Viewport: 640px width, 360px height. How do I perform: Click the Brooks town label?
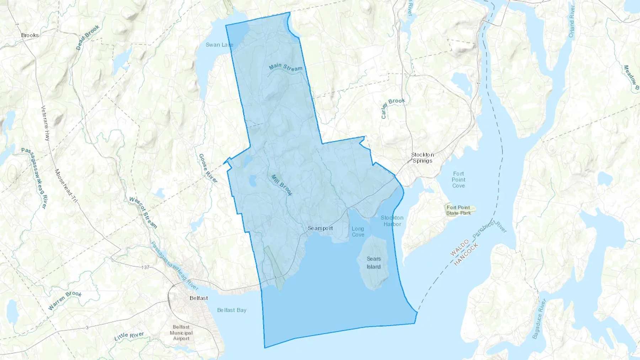pyautogui.click(x=30, y=35)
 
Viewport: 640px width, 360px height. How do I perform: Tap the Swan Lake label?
pyautogui.click(x=219, y=45)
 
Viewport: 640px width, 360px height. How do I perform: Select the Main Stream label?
pyautogui.click(x=286, y=67)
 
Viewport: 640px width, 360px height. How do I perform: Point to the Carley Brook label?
pyautogui.click(x=392, y=107)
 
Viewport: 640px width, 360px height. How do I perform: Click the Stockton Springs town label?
pyautogui.click(x=422, y=157)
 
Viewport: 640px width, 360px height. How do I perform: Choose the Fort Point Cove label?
pyautogui.click(x=458, y=179)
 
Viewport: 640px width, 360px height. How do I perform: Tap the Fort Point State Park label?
pyautogui.click(x=458, y=210)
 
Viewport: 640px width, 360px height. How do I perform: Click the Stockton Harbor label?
pyautogui.click(x=392, y=221)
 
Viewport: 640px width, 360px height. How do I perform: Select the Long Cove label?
pyautogui.click(x=358, y=231)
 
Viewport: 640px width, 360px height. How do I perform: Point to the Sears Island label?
pyautogui.click(x=373, y=263)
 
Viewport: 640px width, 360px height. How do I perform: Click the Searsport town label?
pyautogui.click(x=320, y=228)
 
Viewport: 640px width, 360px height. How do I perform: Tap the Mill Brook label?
pyautogui.click(x=282, y=185)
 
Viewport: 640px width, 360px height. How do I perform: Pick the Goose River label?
pyautogui.click(x=208, y=168)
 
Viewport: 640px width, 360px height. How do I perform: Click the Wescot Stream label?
pyautogui.click(x=143, y=212)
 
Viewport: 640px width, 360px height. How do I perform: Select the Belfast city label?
pyautogui.click(x=198, y=298)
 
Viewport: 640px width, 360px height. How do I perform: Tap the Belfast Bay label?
pyautogui.click(x=231, y=310)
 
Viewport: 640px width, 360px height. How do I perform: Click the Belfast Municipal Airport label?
pyautogui.click(x=181, y=333)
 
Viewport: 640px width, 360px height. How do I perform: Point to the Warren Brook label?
pyautogui.click(x=65, y=300)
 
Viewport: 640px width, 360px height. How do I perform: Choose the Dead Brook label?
pyautogui.click(x=87, y=38)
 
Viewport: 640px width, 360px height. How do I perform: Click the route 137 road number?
pyautogui.click(x=145, y=267)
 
